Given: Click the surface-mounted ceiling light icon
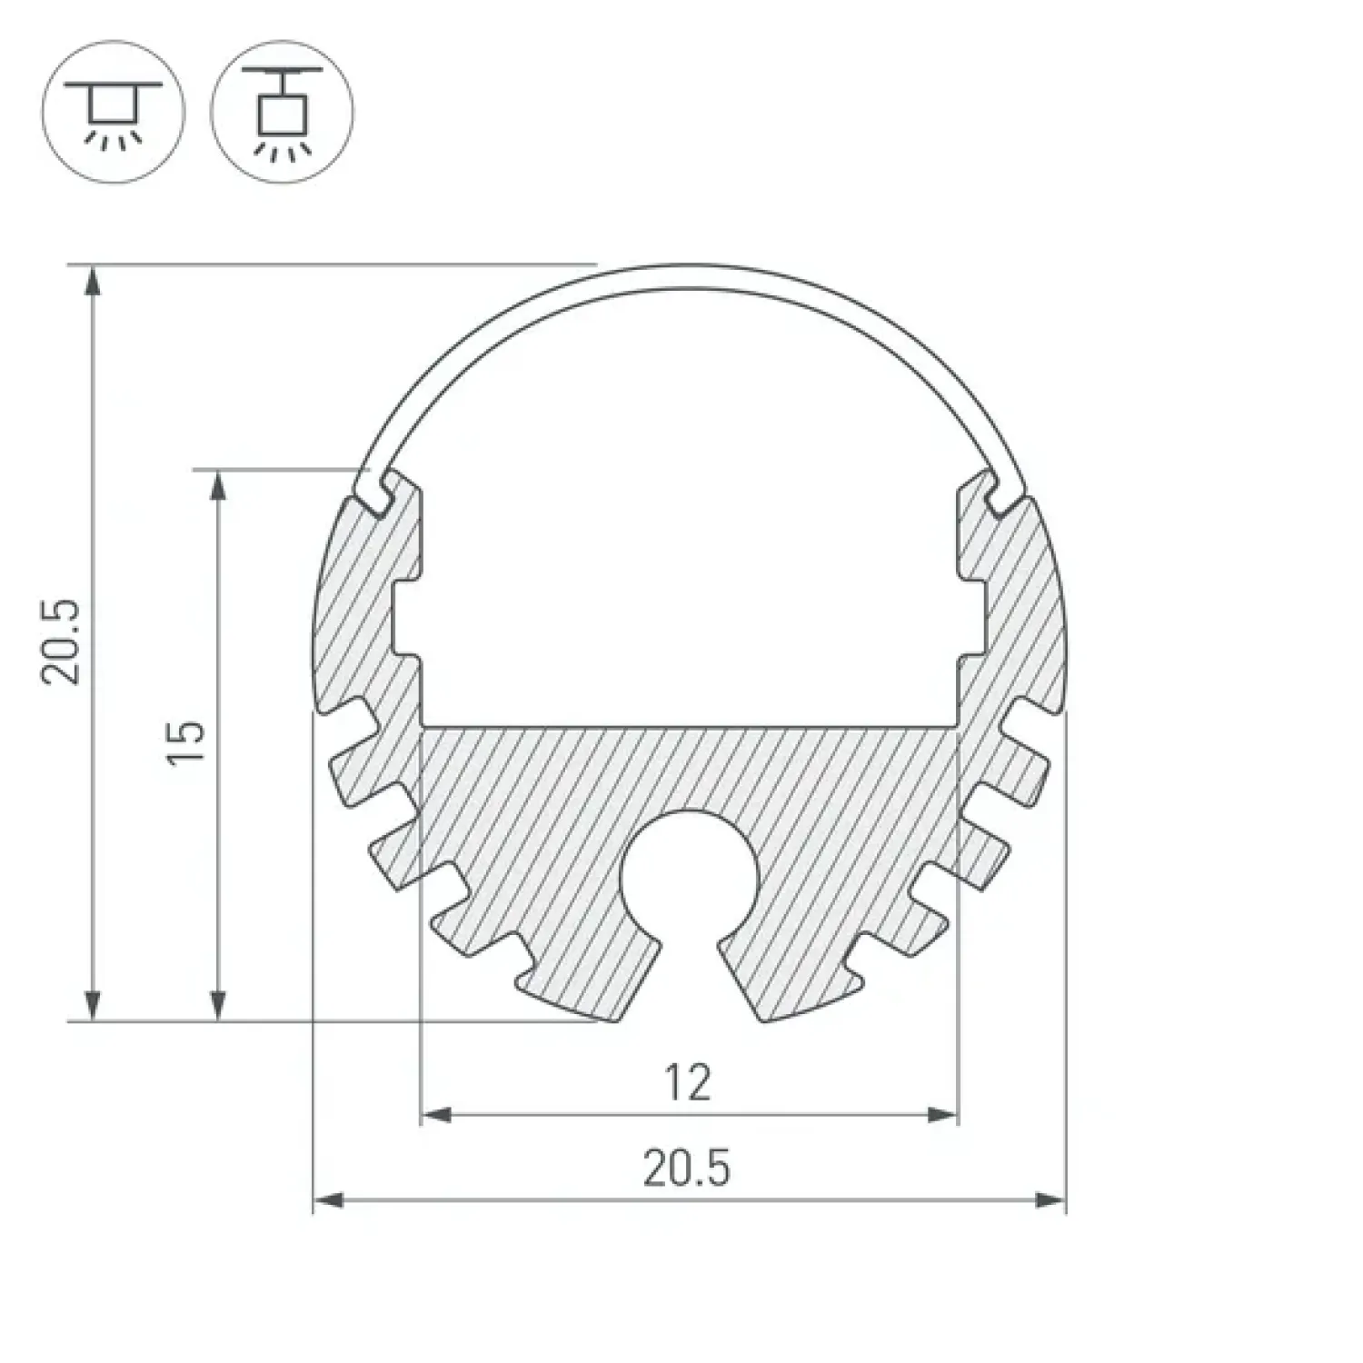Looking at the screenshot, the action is [x=114, y=111].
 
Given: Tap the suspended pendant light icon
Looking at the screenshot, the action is [x=283, y=111].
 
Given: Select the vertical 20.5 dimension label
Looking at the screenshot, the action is [x=64, y=641].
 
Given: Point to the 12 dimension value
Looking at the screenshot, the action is [x=688, y=1083].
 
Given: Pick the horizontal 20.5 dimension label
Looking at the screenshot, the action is [x=687, y=1169].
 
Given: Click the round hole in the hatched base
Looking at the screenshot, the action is [x=689, y=878].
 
